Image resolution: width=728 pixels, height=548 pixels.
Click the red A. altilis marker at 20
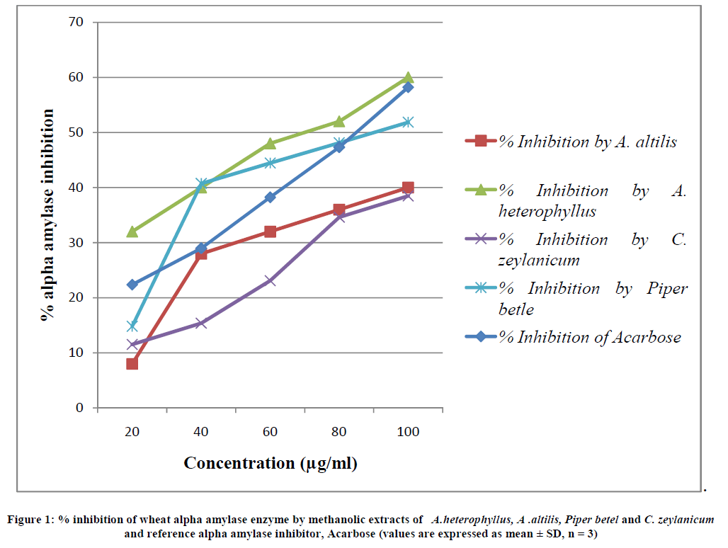coord(132,363)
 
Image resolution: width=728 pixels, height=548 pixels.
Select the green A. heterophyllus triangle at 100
coord(408,77)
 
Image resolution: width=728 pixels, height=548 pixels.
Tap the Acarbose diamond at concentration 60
coord(270,197)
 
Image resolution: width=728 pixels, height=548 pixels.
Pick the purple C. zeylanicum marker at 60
coord(270,280)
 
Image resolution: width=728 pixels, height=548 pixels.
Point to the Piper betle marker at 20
coord(132,326)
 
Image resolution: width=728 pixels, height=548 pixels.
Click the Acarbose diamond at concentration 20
coord(132,285)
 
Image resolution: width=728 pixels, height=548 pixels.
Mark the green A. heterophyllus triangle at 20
coord(132,232)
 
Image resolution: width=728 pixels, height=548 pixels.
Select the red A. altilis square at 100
coord(408,188)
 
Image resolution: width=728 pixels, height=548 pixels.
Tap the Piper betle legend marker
coord(481,288)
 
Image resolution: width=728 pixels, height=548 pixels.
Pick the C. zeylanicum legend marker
coord(481,239)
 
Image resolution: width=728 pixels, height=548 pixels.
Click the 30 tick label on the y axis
coord(77,243)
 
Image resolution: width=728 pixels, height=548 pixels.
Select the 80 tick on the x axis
coord(339,432)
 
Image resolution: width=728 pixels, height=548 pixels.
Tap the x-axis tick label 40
coord(200,432)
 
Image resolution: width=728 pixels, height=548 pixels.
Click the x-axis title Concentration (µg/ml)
coord(270,464)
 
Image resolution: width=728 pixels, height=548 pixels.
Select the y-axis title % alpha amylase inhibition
coord(48,215)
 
